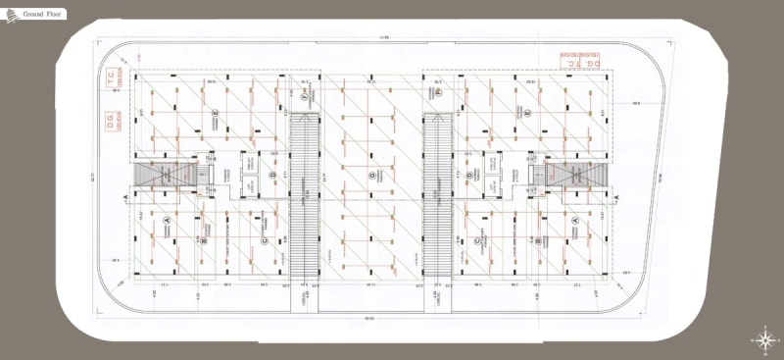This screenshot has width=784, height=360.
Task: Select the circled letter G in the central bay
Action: pyautogui.click(x=372, y=177)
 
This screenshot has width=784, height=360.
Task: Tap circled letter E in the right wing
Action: pyautogui.click(x=528, y=114)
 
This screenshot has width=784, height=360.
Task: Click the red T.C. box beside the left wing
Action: pyautogui.click(x=112, y=80)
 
